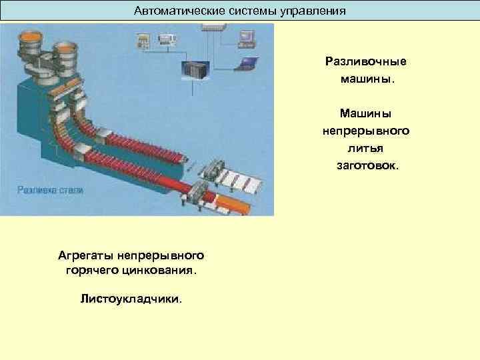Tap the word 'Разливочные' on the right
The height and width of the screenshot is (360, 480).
coord(365,61)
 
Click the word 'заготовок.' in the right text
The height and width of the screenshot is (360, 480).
coord(366,163)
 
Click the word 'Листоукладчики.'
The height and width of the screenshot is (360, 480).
coord(131,299)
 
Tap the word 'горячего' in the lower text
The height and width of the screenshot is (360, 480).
coord(90,271)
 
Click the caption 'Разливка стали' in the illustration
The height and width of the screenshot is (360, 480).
coord(51,189)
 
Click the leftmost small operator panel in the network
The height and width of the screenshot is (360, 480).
coord(143,41)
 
